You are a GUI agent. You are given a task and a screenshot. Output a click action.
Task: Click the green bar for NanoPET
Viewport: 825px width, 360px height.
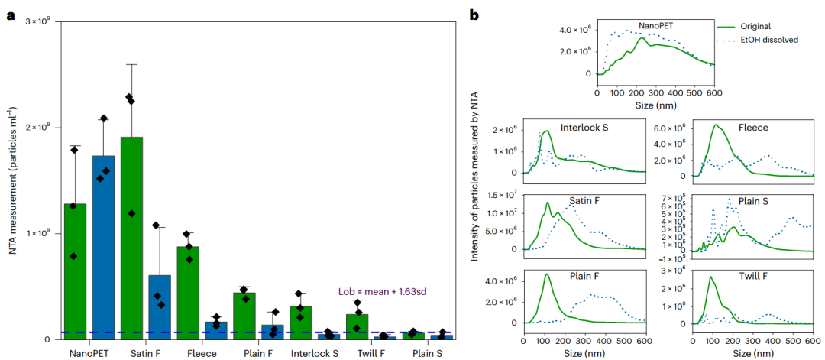[75, 271]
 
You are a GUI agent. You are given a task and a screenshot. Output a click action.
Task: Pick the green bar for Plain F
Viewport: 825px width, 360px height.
[244, 316]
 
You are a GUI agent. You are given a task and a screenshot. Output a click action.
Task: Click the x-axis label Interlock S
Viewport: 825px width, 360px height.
[315, 354]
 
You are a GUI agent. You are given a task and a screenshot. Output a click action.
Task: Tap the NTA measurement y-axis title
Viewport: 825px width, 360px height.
[15, 180]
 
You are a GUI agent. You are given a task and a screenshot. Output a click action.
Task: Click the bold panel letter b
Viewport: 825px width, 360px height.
[474, 15]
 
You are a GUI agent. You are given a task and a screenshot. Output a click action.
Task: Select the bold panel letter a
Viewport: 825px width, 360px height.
[10, 15]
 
